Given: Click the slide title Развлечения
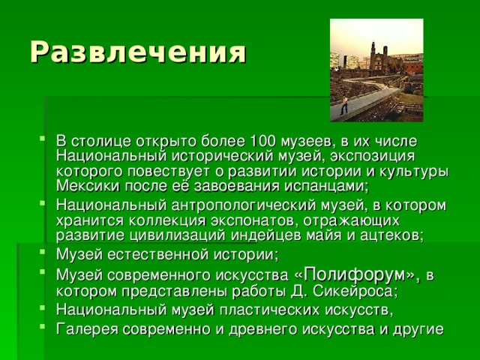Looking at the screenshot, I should coord(137,52).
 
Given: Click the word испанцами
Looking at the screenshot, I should coord(327,185).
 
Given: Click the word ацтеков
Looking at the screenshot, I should coord(391,235).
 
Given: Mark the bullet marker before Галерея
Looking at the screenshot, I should coord(39,328).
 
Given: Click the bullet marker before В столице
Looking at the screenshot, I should coord(39,142).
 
